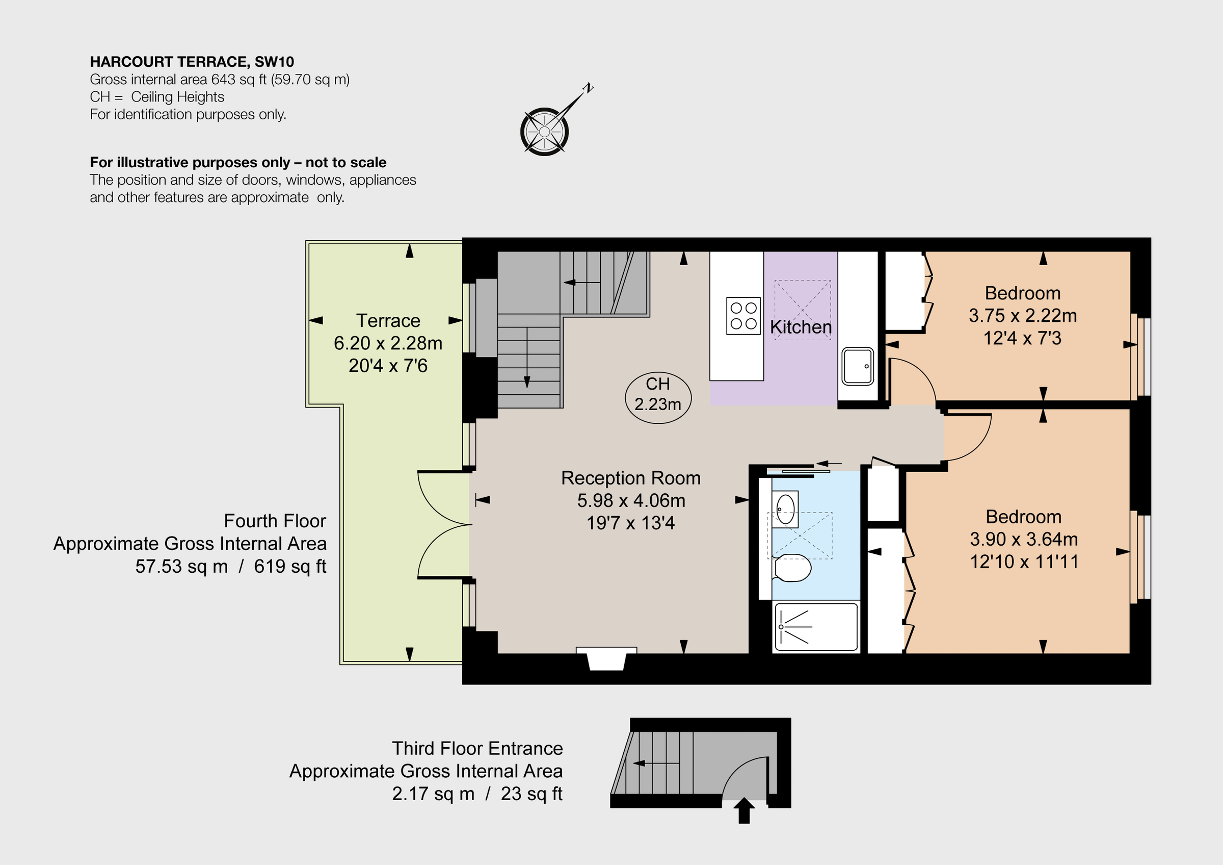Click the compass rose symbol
(x=544, y=131)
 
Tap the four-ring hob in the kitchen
(x=743, y=316)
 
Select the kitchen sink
(x=858, y=366)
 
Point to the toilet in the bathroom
(x=792, y=568)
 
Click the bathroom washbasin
(x=785, y=509)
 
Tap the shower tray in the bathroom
(x=816, y=627)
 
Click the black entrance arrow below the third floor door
(x=743, y=810)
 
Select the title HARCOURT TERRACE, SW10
(x=192, y=62)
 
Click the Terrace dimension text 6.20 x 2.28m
(x=388, y=343)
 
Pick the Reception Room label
(x=631, y=478)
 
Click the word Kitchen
(x=801, y=327)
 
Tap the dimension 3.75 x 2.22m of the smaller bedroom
(x=1022, y=316)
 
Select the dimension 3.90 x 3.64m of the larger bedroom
(x=1023, y=540)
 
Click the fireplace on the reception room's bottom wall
(x=606, y=659)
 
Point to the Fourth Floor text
(x=274, y=521)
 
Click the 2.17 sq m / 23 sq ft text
(x=477, y=794)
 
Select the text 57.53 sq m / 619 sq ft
(x=230, y=566)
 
